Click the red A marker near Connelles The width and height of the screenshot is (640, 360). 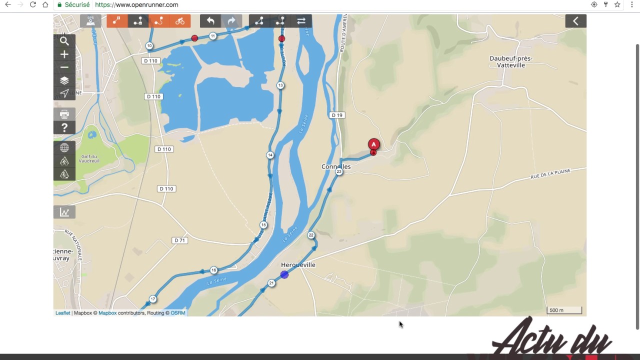point(373,145)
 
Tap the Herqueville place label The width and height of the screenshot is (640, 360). point(298,265)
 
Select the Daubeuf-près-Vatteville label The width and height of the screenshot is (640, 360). point(511,61)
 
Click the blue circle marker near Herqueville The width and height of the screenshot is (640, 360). point(284,274)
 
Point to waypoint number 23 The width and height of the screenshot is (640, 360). point(339,171)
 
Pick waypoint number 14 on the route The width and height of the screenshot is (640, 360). point(270,155)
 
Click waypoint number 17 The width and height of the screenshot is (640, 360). point(152,299)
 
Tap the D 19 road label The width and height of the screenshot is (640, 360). point(337,115)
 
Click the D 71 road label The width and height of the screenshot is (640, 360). point(179,240)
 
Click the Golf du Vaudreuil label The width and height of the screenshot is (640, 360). point(90,158)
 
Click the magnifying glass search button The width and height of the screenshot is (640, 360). point(64,41)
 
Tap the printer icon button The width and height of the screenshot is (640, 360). point(64,114)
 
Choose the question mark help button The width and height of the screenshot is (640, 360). point(64,127)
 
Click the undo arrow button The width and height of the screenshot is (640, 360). point(210,21)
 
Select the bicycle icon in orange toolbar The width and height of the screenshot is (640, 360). point(180,21)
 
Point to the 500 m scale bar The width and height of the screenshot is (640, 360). point(564,310)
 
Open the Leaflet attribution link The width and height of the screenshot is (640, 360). point(62,313)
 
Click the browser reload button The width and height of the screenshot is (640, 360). point(32,4)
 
